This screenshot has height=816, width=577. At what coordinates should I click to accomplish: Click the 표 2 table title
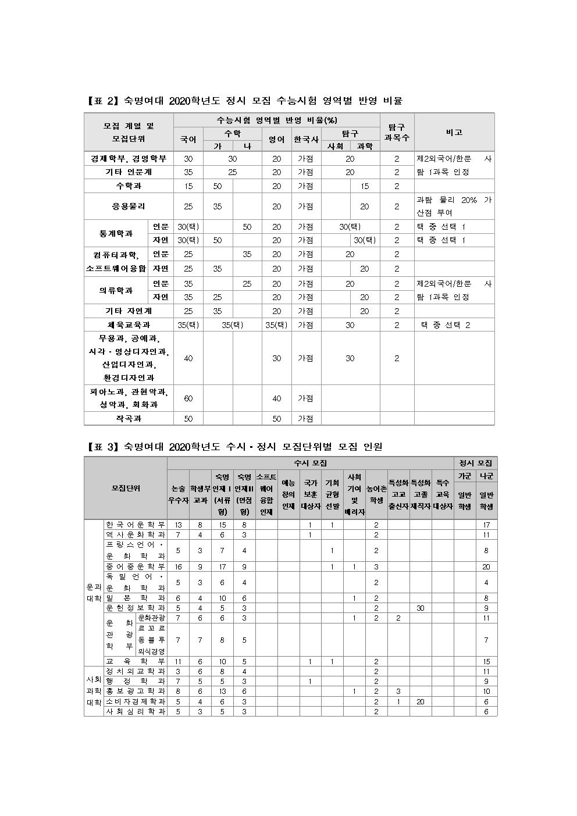244,101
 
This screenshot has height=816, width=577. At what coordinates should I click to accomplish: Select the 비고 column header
454,133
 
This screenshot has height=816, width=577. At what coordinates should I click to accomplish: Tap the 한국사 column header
306,140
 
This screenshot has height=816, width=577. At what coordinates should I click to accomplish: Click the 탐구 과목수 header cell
397,133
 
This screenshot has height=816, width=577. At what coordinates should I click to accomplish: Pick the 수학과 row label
129,186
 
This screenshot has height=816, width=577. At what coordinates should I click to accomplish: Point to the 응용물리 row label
129,206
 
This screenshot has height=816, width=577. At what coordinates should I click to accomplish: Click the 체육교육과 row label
129,325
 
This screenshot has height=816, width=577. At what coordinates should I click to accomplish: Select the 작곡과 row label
129,419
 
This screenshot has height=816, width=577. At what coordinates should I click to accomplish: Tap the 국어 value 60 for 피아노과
188,398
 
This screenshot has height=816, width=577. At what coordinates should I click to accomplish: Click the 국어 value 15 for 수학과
188,186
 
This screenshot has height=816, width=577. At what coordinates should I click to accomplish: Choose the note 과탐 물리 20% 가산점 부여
454,206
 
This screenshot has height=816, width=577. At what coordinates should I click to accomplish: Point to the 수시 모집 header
310,463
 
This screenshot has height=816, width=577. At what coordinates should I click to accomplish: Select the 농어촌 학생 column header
376,494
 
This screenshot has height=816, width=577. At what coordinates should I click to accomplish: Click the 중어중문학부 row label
136,566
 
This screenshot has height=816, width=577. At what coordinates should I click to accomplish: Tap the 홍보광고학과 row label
136,691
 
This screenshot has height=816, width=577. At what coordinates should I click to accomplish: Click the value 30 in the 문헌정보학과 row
421,608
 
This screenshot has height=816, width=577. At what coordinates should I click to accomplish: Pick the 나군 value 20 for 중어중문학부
486,566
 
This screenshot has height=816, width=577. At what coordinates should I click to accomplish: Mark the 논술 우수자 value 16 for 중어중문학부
178,566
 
